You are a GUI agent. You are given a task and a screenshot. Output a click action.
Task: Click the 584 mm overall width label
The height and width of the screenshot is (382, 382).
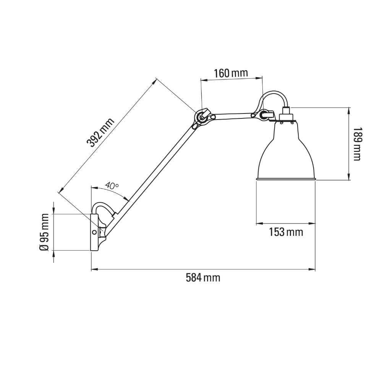(x=203, y=278)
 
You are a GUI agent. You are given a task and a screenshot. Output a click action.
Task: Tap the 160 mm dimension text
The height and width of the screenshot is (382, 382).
(x=231, y=73)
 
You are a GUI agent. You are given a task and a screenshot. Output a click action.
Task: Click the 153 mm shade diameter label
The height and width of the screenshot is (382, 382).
(x=286, y=232)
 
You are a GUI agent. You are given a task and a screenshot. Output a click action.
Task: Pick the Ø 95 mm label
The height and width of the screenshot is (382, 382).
(x=44, y=232)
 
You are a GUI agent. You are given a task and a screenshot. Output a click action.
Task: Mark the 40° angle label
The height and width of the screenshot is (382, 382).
(x=112, y=186)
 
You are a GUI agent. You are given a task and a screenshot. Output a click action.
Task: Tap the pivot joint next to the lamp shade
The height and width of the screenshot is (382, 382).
(x=263, y=114)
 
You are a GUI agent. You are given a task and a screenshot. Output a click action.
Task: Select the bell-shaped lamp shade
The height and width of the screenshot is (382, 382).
(x=286, y=153)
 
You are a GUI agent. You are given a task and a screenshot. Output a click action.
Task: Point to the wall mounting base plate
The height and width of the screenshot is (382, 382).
(x=94, y=232)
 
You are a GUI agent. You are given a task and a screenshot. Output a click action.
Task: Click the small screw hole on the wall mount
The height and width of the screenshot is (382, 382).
(x=94, y=232)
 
